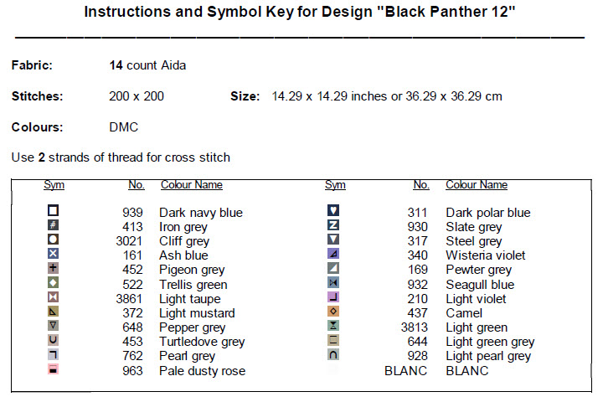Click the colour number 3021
click(x=129, y=241)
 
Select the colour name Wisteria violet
click(x=485, y=255)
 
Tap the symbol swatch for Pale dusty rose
click(x=53, y=369)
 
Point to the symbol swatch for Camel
click(x=333, y=312)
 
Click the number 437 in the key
click(x=417, y=313)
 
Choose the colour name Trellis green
click(x=193, y=285)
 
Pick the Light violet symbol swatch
click(x=333, y=297)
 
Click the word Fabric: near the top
click(x=32, y=65)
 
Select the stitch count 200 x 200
click(x=137, y=96)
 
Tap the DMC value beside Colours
click(x=123, y=127)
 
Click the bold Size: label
click(x=245, y=96)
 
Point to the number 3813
click(x=415, y=327)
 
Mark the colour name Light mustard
click(x=197, y=313)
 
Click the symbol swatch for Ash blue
click(x=53, y=254)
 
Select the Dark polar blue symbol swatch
click(x=333, y=210)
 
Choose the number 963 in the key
click(x=132, y=371)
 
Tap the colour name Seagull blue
click(x=480, y=285)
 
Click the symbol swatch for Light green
click(x=333, y=326)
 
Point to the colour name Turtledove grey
click(x=202, y=342)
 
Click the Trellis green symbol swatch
click(x=53, y=283)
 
